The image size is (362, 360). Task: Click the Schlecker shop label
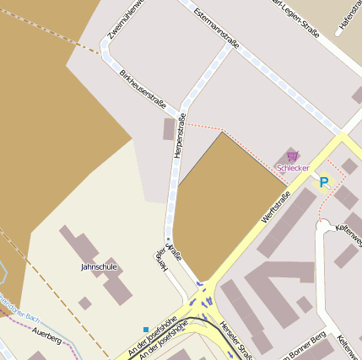[294, 169]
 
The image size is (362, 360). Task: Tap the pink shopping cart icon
[292, 156]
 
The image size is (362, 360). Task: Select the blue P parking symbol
[323, 181]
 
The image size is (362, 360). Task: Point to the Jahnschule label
[99, 266]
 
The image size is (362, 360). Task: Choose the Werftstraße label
[276, 207]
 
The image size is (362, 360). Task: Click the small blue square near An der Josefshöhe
[146, 329]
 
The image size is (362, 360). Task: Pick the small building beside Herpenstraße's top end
[168, 129]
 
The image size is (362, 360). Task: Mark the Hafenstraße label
[348, 17]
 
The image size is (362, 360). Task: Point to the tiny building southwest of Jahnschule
[84, 303]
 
